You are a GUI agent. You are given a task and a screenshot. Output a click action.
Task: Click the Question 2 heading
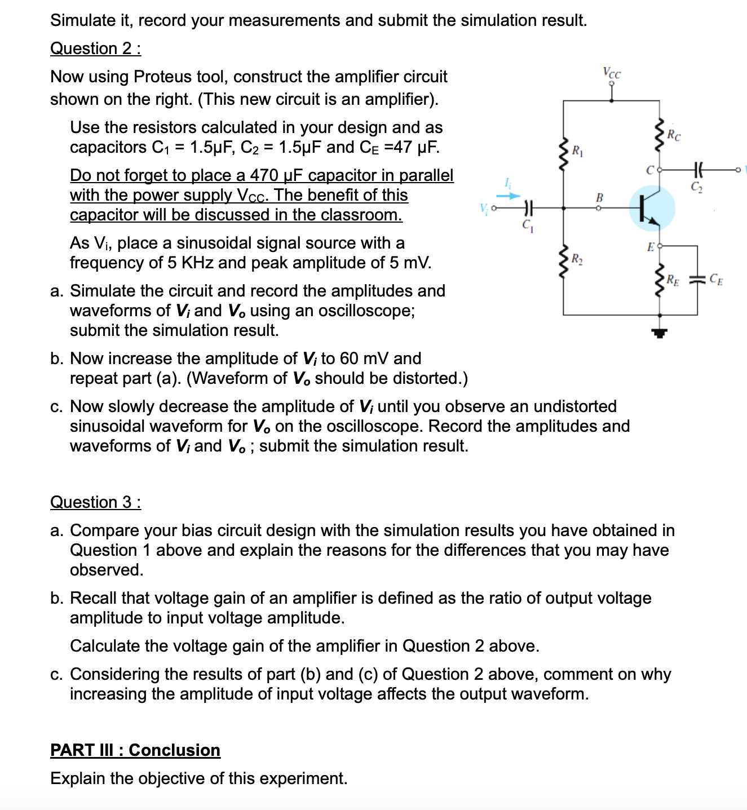click(95, 48)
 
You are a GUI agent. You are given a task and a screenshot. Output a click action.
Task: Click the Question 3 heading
click(95, 502)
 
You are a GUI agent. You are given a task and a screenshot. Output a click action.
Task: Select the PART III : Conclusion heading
click(135, 750)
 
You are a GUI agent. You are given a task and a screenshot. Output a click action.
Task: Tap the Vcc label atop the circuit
click(612, 73)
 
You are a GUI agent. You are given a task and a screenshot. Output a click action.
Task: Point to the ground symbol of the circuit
click(660, 333)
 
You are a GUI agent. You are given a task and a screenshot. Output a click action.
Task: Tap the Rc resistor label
click(673, 135)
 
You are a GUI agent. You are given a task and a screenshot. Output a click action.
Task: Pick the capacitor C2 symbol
click(697, 169)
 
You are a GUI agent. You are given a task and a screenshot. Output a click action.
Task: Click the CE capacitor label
click(716, 278)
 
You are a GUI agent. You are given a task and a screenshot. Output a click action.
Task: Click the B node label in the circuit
click(599, 197)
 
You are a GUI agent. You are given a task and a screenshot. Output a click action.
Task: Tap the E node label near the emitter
click(651, 246)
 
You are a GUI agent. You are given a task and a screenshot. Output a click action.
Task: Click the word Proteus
click(163, 77)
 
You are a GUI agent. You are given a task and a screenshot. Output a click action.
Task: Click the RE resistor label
click(673, 278)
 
